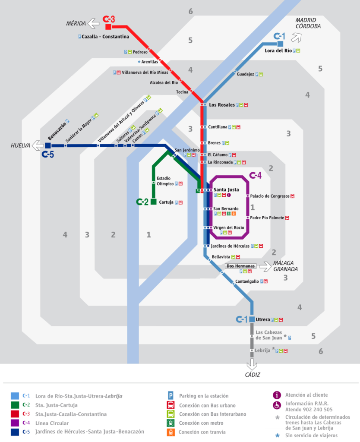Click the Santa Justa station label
pos(226,189)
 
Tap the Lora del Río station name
pos(278,51)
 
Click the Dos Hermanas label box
pos(240,266)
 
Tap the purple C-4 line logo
pos(256,176)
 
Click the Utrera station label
pos(262,320)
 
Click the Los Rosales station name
pos(222,105)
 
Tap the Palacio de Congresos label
pos(270,196)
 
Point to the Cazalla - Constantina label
pos(105,37)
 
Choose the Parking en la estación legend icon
pos(171,395)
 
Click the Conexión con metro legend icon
pos(171,423)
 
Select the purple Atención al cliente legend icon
pos(277,395)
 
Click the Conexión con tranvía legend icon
pos(171,432)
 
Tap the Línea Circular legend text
pos(49,423)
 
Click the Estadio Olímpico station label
pos(165,181)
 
